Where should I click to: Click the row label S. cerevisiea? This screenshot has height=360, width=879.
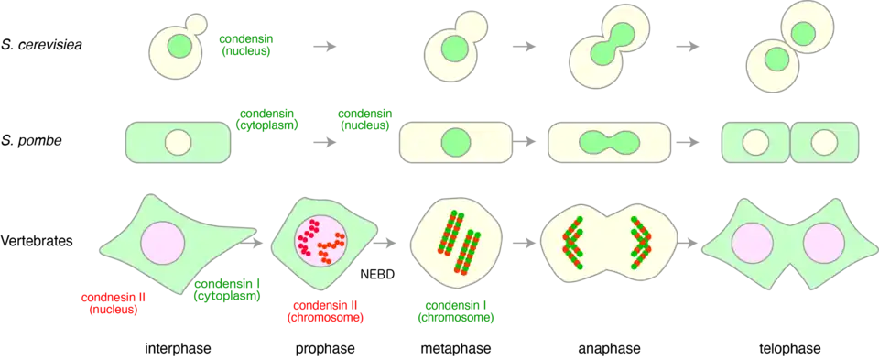(x=42, y=45)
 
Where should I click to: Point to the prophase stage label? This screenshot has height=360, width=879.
(x=326, y=348)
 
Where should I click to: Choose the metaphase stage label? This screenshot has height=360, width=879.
(x=456, y=348)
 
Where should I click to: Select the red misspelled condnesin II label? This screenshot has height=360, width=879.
(x=111, y=302)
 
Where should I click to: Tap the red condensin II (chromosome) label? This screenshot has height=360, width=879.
(x=328, y=311)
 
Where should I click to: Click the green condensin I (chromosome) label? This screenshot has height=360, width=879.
(x=460, y=311)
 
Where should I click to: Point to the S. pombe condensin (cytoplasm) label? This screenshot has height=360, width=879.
(x=266, y=119)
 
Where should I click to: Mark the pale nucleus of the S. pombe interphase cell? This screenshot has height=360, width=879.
(x=179, y=143)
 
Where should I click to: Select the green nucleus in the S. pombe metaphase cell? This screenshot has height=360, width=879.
(x=456, y=144)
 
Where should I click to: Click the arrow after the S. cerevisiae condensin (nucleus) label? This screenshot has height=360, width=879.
(x=324, y=47)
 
